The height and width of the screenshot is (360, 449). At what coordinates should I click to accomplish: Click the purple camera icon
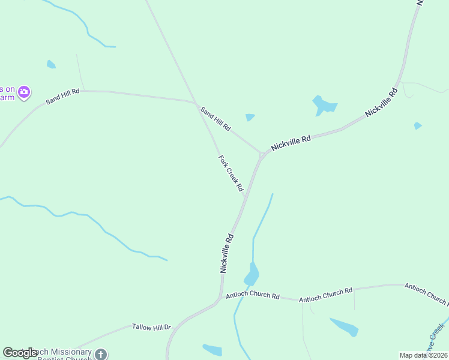[x=24, y=92]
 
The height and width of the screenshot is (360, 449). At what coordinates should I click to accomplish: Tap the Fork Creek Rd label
[x=231, y=174]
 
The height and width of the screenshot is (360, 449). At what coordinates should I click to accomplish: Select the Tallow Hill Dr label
[x=151, y=328]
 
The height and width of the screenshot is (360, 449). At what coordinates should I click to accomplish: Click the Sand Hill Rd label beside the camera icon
[x=63, y=96]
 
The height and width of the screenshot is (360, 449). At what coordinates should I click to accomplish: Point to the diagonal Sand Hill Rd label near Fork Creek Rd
[x=215, y=119]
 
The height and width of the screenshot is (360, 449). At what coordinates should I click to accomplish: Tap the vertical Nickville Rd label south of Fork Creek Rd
[x=226, y=254]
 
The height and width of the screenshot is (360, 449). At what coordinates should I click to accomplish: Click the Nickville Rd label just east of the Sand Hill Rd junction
[x=291, y=142]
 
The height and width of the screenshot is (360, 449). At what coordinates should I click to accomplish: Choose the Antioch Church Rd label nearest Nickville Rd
[x=252, y=296]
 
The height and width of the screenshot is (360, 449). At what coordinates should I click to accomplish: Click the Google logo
[x=19, y=353]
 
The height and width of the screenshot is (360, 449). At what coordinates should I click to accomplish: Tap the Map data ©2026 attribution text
[x=423, y=355]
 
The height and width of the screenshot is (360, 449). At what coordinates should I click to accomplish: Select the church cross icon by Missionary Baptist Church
[x=101, y=354]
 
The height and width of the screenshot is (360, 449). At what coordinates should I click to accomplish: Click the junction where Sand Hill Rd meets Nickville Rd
[x=261, y=154]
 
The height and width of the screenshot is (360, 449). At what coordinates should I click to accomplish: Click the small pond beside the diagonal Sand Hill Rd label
[x=250, y=117]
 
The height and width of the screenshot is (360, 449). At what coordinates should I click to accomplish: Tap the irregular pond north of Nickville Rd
[x=324, y=106]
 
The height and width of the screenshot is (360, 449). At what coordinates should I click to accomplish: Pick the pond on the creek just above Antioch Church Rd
[x=252, y=275]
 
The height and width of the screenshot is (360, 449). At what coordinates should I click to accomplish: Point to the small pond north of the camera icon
[x=51, y=64]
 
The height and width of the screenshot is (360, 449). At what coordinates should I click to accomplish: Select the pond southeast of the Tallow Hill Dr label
[x=212, y=350]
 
